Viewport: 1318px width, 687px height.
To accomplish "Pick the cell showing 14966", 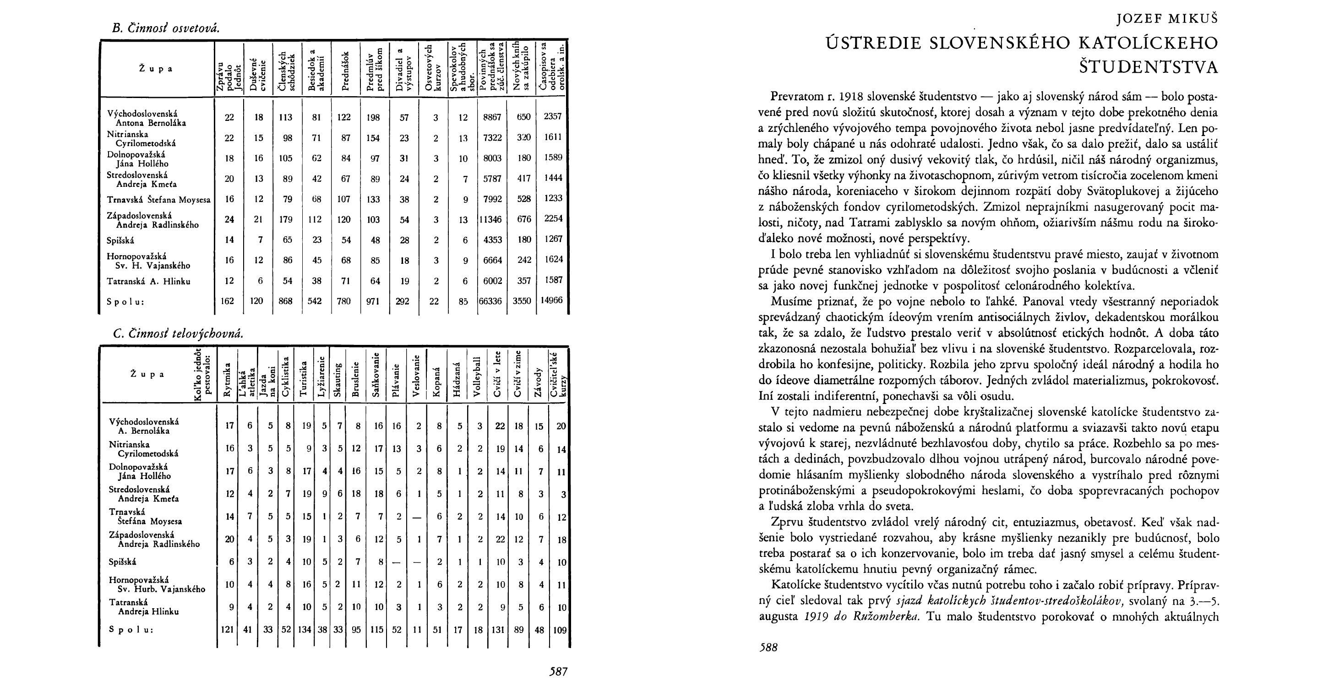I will pyautogui.click(x=553, y=300).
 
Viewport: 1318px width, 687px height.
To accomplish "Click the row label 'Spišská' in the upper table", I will pyautogui.click(x=120, y=240).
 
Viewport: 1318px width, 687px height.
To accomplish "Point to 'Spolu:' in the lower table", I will pyautogui.click(x=131, y=630).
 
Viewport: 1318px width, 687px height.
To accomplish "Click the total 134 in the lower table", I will pyautogui.click(x=305, y=630).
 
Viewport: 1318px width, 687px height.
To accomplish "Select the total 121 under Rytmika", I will pyautogui.click(x=227, y=630).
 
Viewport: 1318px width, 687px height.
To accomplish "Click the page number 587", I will pyautogui.click(x=558, y=671).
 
